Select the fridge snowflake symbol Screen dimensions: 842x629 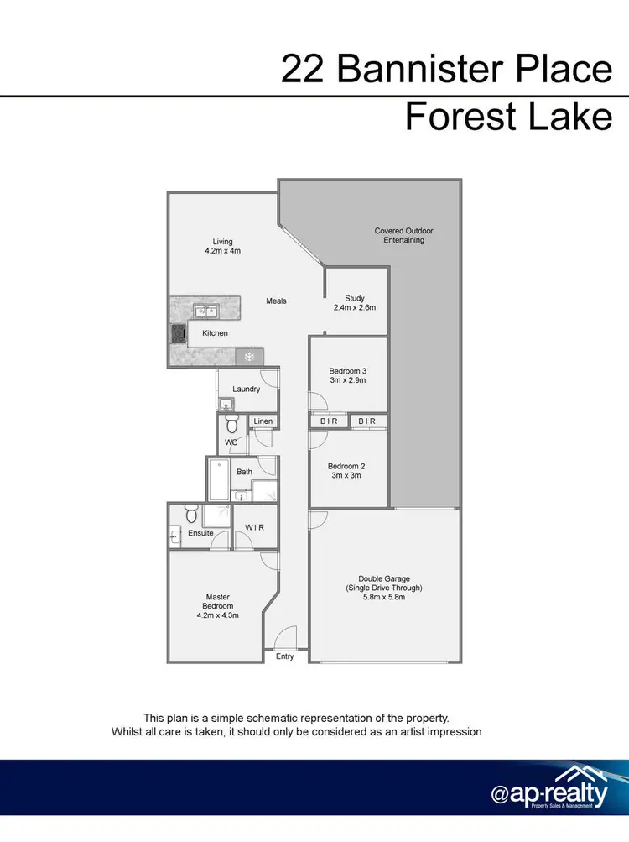249,356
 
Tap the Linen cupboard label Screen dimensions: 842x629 263,421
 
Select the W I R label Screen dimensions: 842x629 255,528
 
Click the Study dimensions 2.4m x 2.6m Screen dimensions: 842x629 356,307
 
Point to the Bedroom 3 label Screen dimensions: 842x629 347,370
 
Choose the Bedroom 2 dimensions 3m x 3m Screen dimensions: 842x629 346,476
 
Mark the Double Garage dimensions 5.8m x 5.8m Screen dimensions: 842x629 383,598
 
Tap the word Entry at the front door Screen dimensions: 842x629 285,656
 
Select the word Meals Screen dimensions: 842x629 277,301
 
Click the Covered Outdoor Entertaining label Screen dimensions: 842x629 405,235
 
